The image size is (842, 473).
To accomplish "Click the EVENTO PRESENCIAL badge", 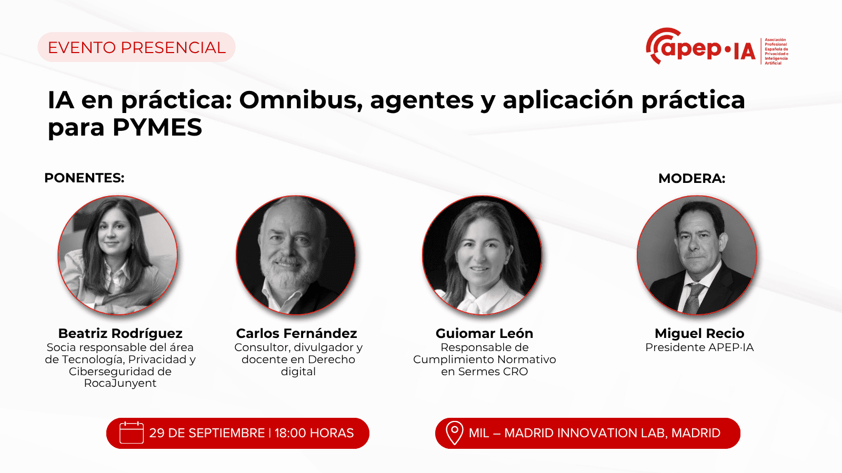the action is (136, 47).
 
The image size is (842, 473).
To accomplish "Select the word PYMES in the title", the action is (157, 128).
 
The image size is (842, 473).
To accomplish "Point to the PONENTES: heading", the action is (84, 178).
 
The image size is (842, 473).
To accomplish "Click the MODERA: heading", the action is (691, 178).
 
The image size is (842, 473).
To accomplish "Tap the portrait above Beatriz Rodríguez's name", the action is (118, 255).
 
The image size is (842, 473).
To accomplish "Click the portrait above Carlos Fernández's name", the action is (296, 255).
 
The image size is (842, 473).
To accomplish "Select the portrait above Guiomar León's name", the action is (482, 255).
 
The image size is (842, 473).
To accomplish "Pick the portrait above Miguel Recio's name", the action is (697, 255).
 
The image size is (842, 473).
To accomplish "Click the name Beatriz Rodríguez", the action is (121, 333).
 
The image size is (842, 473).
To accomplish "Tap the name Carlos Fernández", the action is (297, 333).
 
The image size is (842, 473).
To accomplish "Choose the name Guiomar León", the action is (484, 333).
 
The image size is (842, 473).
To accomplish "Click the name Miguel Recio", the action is (699, 333).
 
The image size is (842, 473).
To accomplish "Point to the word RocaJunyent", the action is (120, 383).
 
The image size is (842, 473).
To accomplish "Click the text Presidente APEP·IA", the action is (699, 347).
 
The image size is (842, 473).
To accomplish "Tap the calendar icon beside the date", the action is (131, 433).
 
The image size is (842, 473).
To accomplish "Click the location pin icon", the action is (455, 433).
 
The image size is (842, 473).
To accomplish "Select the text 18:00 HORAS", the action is (314, 433).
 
